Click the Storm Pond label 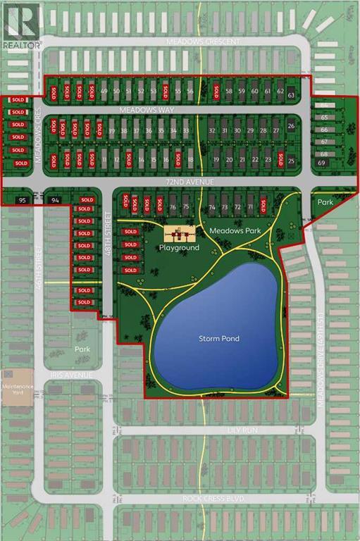(218, 339)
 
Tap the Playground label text (180, 248)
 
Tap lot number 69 (323, 163)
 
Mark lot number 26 (291, 126)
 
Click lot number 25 (291, 161)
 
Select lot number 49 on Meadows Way (104, 92)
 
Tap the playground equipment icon (179, 235)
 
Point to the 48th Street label (108, 225)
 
